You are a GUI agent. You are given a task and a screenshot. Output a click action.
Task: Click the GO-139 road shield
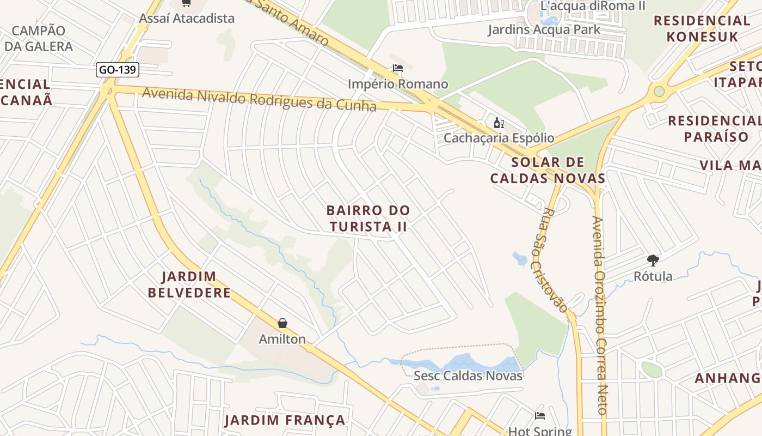118,70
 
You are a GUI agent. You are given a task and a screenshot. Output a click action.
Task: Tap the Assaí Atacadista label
187,18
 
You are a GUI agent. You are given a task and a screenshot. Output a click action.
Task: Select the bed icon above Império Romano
398,69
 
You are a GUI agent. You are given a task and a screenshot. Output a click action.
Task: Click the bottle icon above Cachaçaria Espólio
498,123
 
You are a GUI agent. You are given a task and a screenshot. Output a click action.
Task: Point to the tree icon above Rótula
653,261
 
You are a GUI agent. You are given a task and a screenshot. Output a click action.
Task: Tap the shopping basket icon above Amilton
282,324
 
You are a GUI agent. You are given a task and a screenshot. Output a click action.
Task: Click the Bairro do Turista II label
368,218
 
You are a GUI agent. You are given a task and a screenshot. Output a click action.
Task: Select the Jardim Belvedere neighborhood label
189,284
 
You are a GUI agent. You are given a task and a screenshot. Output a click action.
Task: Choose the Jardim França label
285,420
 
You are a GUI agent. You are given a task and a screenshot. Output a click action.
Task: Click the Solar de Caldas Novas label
548,170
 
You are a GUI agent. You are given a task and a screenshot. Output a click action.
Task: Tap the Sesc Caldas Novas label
468,376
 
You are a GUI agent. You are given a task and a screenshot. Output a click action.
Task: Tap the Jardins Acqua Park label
544,29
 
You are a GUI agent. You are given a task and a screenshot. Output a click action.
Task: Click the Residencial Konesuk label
702,29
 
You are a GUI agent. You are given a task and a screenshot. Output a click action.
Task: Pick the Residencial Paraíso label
714,128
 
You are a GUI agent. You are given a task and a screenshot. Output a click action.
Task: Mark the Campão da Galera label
39,38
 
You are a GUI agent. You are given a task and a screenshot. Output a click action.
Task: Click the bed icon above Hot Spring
539,416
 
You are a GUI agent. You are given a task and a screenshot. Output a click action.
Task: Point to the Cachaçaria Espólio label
499,138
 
